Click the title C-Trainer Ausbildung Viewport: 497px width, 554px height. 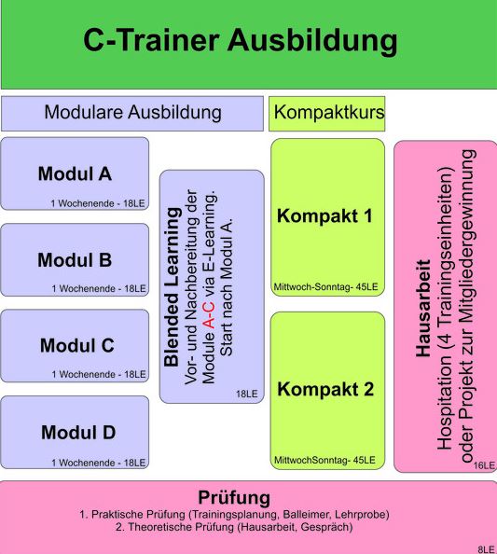click(x=241, y=41)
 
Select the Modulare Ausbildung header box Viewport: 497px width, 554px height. click(x=132, y=114)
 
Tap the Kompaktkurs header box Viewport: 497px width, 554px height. click(x=326, y=114)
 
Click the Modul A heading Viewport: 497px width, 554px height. click(x=75, y=173)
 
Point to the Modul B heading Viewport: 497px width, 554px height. click(x=75, y=260)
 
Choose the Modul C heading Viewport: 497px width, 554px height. click(x=77, y=345)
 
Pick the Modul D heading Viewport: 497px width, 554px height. click(x=78, y=433)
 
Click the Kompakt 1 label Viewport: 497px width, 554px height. click(x=324, y=215)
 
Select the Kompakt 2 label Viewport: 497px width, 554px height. click(x=325, y=389)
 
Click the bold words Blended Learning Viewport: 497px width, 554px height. click(x=172, y=287)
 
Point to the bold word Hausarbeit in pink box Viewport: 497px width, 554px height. click(x=423, y=309)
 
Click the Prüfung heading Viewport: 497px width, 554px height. click(x=234, y=498)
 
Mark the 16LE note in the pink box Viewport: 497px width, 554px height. click(x=484, y=465)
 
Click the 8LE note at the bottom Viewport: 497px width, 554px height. click(x=487, y=549)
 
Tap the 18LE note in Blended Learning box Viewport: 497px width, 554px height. click(x=247, y=394)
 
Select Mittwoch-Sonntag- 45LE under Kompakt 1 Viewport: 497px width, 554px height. click(x=325, y=287)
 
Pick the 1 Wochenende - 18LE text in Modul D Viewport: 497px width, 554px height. click(x=99, y=463)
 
